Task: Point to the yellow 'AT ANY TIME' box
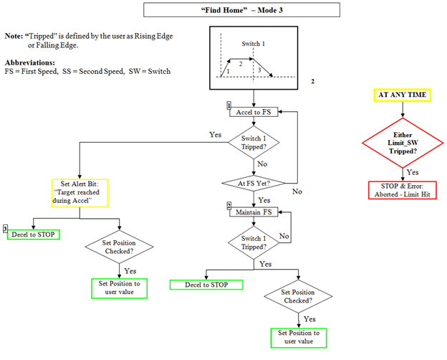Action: coord(403,95)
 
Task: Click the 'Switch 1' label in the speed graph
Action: coord(254,43)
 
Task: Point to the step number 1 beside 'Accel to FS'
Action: coord(229,105)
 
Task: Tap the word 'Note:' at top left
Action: coord(14,36)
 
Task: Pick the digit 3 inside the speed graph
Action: coord(259,70)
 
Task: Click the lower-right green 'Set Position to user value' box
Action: coord(298,337)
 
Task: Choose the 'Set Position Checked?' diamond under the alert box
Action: coord(120,247)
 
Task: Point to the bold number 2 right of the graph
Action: coord(312,82)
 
